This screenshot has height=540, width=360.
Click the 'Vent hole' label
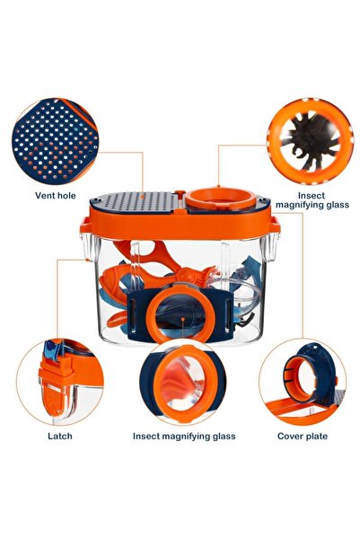point(56,196)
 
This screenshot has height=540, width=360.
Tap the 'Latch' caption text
point(60,436)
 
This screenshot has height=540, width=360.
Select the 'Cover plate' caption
point(303,436)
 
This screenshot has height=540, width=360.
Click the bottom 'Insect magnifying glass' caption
point(184,437)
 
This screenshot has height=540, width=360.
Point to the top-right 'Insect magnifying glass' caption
point(312,200)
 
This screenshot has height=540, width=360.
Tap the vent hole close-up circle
point(55,142)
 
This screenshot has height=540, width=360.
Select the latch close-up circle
point(60,382)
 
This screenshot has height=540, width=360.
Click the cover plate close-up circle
point(303,382)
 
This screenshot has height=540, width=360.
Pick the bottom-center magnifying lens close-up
point(183,382)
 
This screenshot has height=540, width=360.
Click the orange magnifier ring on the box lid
point(220,198)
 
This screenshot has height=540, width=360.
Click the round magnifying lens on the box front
point(181,314)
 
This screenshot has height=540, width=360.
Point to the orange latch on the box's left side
point(86,226)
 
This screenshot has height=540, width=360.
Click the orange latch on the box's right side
point(275,225)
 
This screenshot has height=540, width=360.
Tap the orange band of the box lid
point(180,225)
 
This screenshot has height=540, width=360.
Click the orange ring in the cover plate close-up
point(299,379)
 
